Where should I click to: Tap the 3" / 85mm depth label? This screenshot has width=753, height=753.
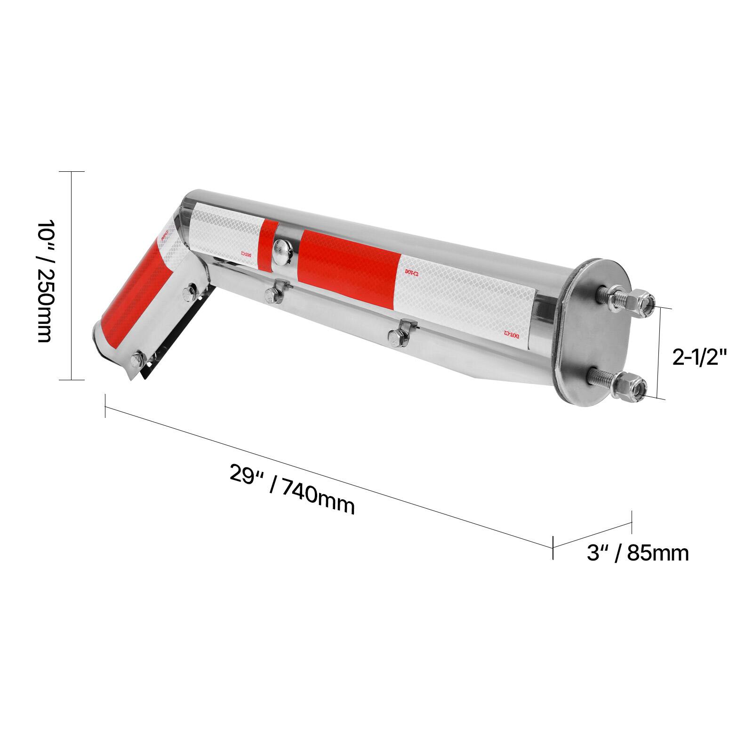click(x=638, y=553)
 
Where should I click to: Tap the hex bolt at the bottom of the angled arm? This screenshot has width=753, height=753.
click(x=138, y=359)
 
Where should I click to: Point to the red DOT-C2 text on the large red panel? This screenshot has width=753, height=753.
click(x=411, y=272)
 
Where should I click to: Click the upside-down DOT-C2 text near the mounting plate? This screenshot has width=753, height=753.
click(x=511, y=334)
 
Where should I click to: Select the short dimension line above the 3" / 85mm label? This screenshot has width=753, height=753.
click(x=592, y=533)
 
